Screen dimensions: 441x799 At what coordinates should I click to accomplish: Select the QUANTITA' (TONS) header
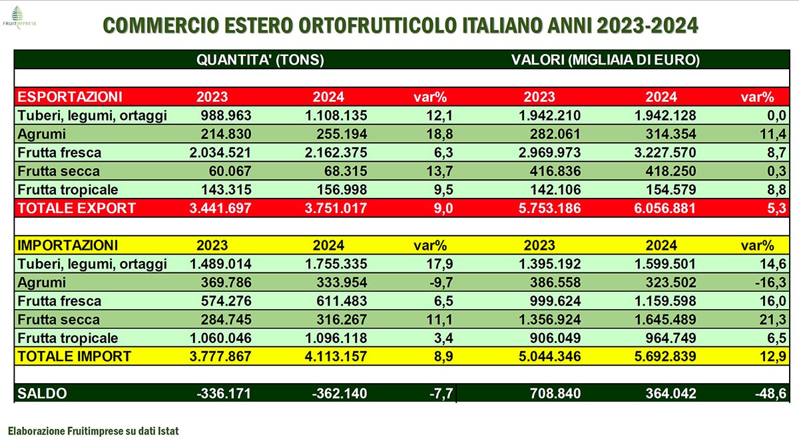(260, 60)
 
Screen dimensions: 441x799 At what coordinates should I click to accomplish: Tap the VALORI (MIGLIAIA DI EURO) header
(605, 60)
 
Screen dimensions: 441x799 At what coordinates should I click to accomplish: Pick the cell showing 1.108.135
(336, 115)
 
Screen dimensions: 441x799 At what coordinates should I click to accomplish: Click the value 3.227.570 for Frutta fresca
(663, 153)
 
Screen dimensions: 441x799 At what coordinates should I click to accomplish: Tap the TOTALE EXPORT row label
(77, 208)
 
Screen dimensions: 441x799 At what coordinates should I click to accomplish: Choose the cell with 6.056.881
(663, 208)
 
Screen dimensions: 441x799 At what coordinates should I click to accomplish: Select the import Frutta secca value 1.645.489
(663, 320)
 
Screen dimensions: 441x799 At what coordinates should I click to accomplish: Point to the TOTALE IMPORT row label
(75, 356)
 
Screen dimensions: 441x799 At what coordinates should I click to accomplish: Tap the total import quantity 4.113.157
(336, 356)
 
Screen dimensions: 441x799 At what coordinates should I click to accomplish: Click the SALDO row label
(43, 394)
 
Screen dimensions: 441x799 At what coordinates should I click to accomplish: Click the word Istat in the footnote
(166, 431)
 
